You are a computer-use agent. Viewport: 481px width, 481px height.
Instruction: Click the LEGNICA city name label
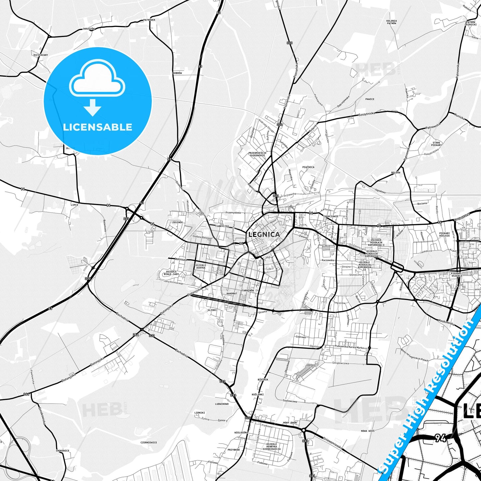[264, 234]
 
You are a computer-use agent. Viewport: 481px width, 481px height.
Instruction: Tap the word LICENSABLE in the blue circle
[98, 127]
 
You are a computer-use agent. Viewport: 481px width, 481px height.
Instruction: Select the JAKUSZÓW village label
[89, 29]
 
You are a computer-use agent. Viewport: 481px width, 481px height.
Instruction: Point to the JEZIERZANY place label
[41, 55]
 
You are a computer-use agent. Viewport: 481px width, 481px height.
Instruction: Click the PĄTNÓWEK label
[149, 20]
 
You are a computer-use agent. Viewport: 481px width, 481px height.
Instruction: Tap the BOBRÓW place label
[177, 73]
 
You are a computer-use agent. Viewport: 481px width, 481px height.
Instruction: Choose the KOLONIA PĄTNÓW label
[391, 22]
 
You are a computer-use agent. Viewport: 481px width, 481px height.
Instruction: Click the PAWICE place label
[369, 99]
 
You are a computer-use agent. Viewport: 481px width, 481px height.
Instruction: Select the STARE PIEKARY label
[436, 144]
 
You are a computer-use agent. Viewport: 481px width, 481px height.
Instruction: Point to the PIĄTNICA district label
[308, 167]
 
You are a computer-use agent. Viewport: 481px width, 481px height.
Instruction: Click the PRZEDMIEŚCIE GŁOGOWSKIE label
[257, 154]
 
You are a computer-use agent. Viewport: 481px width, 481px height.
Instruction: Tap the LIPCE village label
[75, 205]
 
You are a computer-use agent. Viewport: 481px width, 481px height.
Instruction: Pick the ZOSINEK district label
[177, 222]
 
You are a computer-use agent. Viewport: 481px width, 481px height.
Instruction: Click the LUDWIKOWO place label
[222, 404]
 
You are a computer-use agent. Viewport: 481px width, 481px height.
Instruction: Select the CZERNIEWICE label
[148, 442]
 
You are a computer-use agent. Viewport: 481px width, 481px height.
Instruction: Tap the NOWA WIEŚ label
[367, 431]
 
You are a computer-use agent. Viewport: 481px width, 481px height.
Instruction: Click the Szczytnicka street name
[367, 114]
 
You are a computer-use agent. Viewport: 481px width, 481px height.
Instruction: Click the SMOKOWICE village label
[63, 451]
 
